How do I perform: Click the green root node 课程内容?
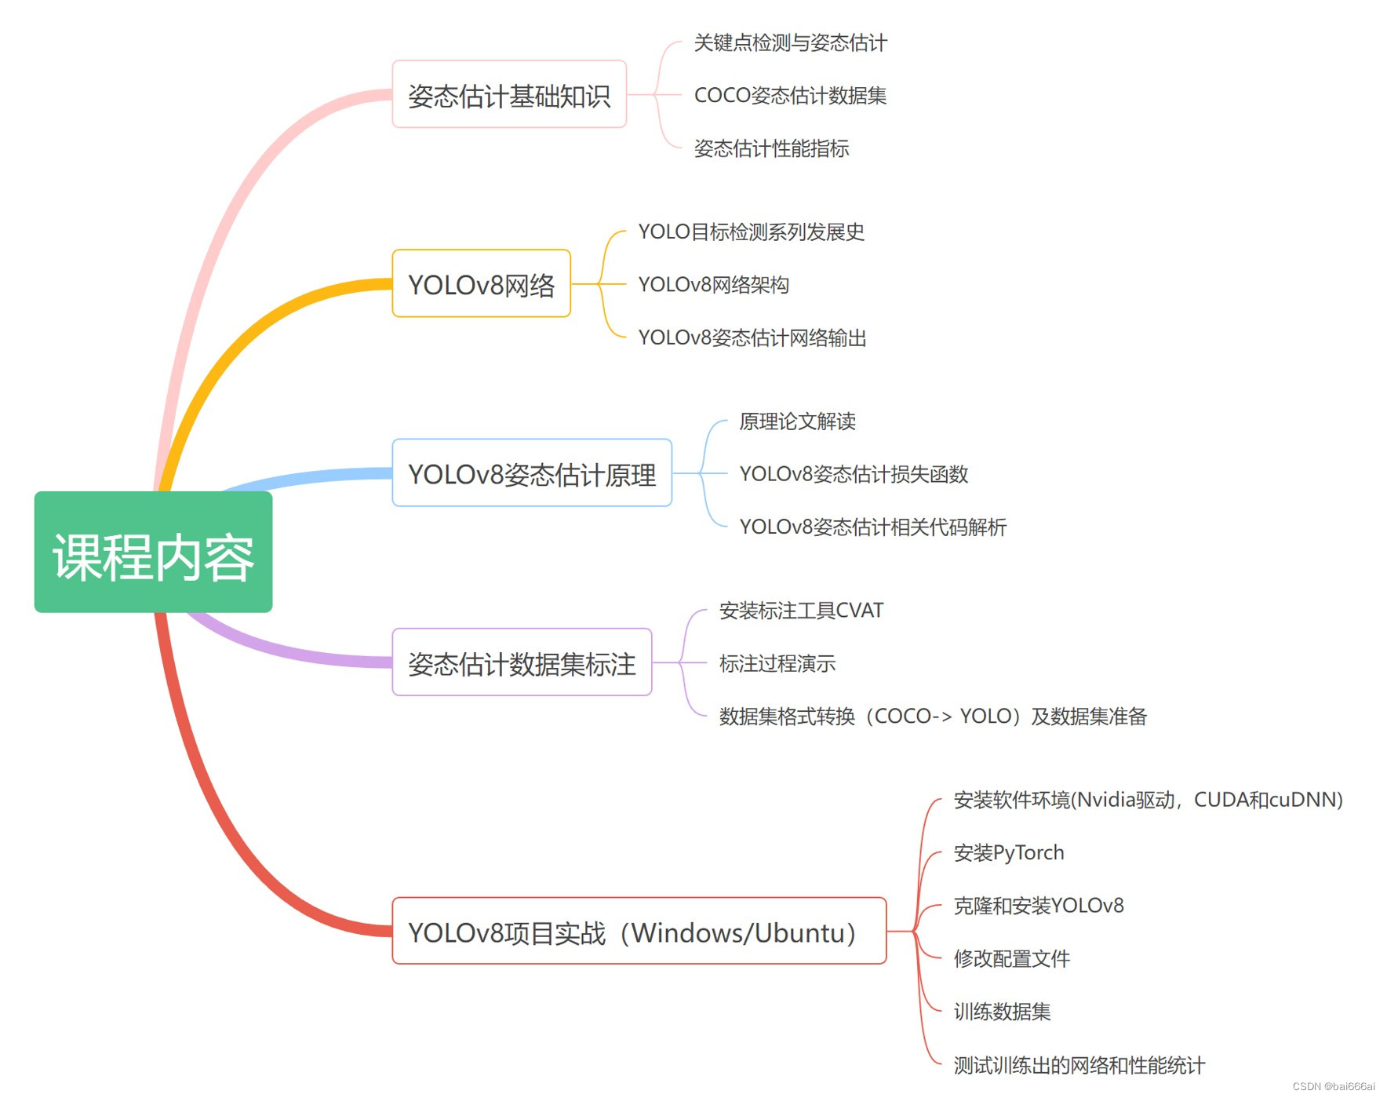click(153, 553)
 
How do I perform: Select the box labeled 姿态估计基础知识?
click(509, 95)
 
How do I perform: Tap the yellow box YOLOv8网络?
click(481, 284)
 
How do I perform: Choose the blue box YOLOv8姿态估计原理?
click(532, 473)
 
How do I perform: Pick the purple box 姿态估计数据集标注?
click(522, 663)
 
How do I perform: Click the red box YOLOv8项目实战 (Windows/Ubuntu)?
click(639, 932)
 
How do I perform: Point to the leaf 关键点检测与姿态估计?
click(790, 42)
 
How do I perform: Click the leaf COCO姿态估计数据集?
click(790, 95)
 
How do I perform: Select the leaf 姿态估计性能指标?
click(771, 148)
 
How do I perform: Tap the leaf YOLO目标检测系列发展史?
click(751, 232)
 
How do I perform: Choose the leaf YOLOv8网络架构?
click(713, 284)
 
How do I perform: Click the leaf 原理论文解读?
click(797, 421)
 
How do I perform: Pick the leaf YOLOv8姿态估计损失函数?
click(854, 474)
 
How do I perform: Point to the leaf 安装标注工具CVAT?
click(801, 611)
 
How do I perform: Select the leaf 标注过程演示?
click(777, 664)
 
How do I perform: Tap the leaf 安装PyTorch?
click(1009, 852)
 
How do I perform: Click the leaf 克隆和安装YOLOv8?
click(1039, 906)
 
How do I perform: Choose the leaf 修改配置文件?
click(1011, 958)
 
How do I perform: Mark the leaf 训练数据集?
click(1002, 1011)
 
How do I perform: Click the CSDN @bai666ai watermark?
click(1333, 1086)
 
